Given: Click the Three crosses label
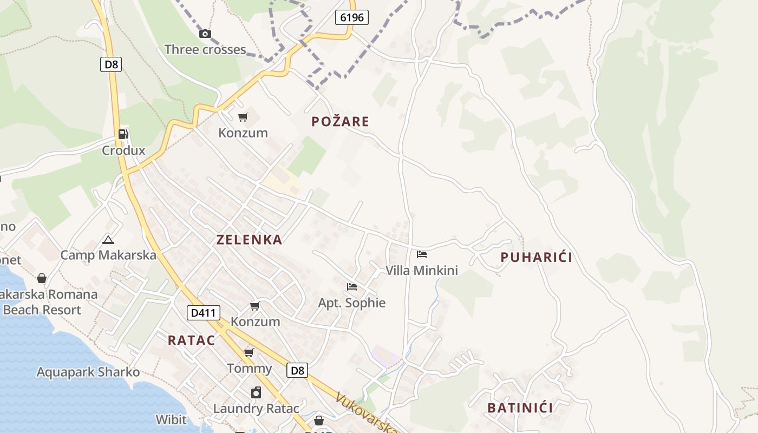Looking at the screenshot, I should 205,50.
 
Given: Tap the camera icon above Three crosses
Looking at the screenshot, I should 205,34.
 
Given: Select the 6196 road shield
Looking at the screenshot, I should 351,17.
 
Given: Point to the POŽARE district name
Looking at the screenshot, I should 340,122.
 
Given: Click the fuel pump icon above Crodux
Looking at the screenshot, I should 123,134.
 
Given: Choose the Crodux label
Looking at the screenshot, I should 123,150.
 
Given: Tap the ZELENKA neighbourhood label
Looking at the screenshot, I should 250,240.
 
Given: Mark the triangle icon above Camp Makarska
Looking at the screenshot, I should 108,240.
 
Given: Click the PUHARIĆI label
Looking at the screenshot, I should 536,258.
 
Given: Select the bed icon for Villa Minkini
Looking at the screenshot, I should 422,254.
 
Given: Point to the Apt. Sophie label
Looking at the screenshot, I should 352,303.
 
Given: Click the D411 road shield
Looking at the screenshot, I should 203,312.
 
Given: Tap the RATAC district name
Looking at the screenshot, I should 191,340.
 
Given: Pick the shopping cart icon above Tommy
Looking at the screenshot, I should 249,353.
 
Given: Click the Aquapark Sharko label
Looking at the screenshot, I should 88,372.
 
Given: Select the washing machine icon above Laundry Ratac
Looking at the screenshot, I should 256,393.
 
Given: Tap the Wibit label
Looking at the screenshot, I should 171,420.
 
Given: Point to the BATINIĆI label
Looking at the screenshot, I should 520,408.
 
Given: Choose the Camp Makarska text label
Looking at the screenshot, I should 108,255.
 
